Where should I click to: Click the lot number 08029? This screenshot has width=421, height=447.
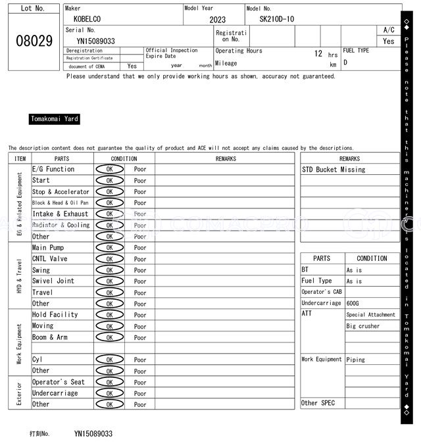[34, 41]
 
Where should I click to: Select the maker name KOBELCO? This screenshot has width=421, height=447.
[87, 20]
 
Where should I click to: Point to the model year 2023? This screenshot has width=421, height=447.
[217, 20]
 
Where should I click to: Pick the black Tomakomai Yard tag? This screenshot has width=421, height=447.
[55, 119]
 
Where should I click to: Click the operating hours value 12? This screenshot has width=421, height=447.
[318, 54]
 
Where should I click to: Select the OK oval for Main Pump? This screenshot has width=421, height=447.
[109, 248]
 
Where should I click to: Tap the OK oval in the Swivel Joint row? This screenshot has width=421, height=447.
[109, 281]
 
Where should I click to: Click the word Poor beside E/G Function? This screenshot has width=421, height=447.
[140, 170]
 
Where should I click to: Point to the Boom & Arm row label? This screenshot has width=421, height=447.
[50, 337]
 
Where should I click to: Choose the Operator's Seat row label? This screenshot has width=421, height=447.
[59, 382]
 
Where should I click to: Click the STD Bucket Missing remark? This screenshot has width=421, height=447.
[334, 170]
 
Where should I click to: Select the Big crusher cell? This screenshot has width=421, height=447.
[363, 326]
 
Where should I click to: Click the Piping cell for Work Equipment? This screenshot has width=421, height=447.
[356, 360]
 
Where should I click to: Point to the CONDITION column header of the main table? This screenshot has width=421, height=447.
[124, 158]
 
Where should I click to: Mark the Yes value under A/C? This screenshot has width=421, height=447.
[389, 41]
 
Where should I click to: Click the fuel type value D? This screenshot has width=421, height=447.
[345, 63]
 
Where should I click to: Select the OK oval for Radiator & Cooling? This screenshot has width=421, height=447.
[109, 225]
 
